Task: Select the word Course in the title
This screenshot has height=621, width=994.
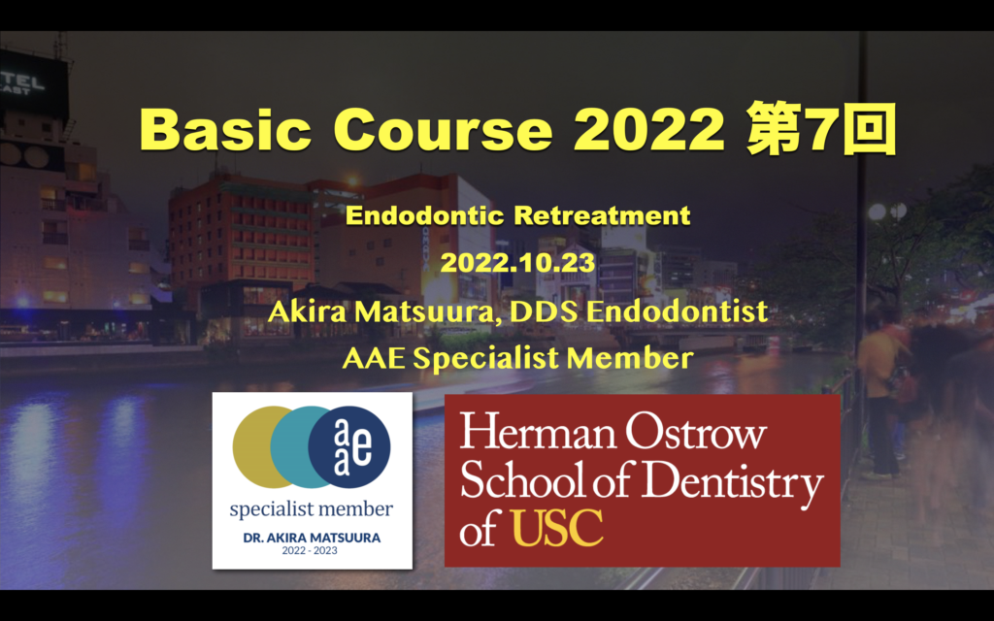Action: tap(443, 129)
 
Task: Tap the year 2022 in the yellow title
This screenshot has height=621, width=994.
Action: tap(649, 129)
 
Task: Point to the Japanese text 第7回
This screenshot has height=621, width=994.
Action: tap(821, 129)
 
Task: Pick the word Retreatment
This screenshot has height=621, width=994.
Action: tap(602, 215)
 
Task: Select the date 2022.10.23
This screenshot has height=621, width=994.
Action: tap(517, 262)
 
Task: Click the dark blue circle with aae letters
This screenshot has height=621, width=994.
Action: tap(349, 446)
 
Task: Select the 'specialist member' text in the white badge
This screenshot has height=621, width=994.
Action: tap(312, 509)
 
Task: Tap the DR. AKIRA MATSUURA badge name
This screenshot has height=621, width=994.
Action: tap(312, 538)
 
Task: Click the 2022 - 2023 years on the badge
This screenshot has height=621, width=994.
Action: tap(310, 551)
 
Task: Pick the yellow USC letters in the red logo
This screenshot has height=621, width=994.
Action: tap(556, 527)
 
